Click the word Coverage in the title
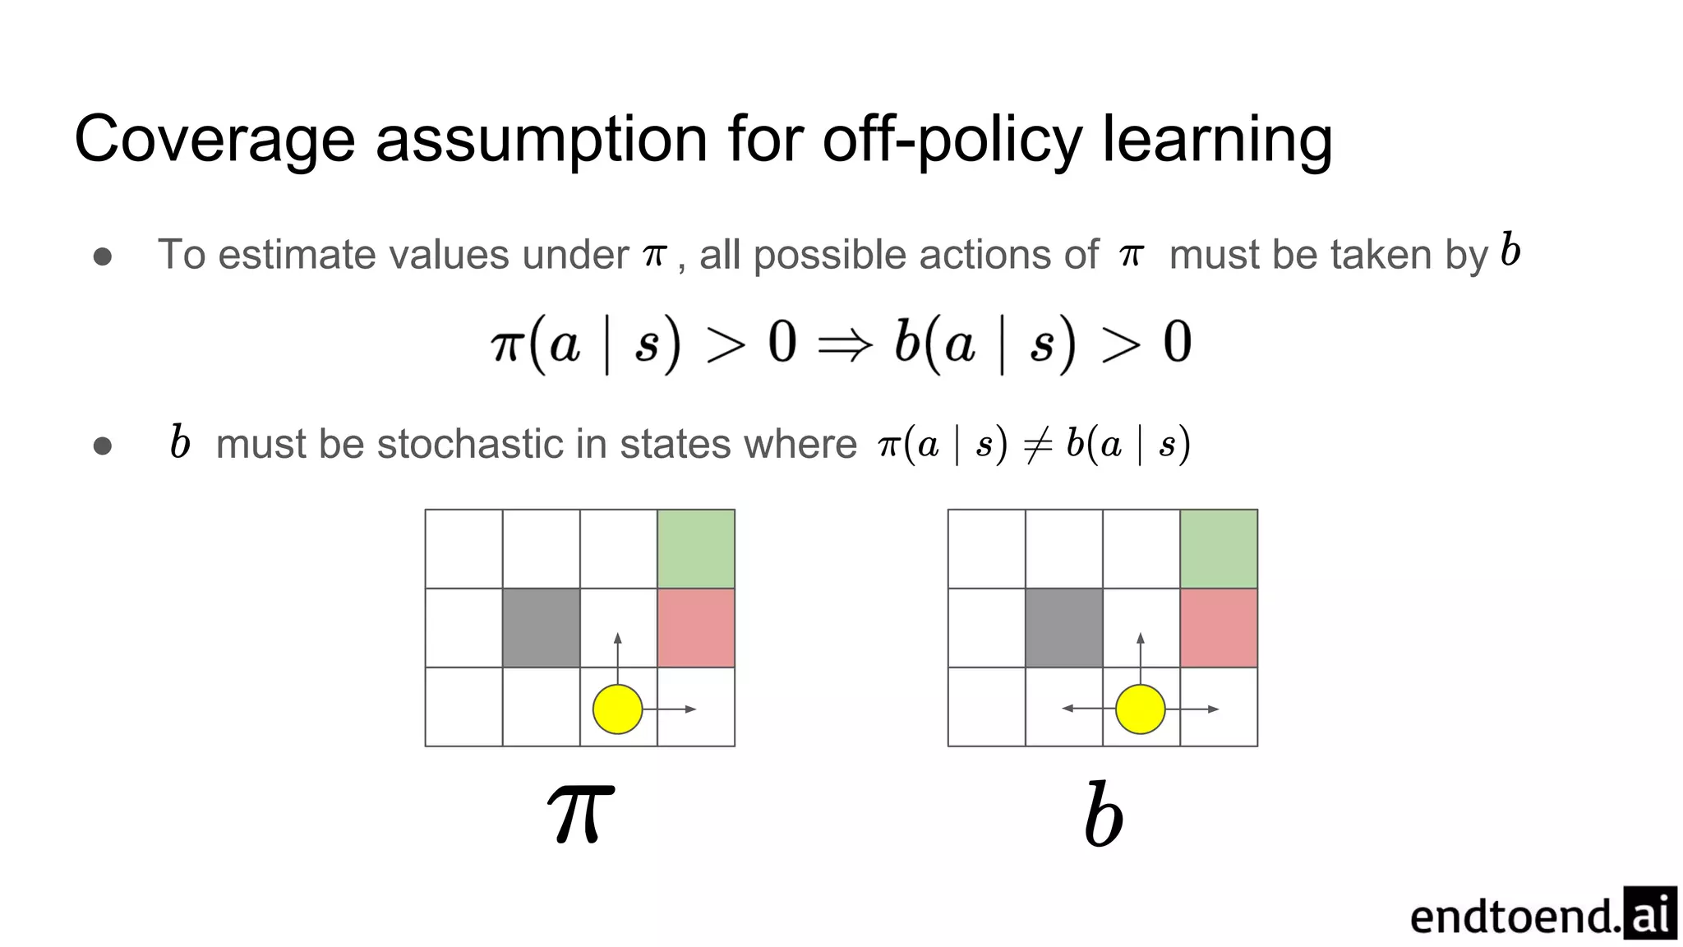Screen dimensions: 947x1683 (x=214, y=140)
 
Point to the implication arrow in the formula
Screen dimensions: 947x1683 (x=845, y=344)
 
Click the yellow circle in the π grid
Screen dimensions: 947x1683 (x=617, y=709)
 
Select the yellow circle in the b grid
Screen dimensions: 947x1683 (x=1140, y=709)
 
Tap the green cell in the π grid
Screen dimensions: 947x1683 (x=696, y=549)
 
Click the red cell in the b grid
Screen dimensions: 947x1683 (x=1219, y=627)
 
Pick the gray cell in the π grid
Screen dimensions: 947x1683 (x=541, y=627)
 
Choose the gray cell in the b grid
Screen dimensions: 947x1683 (x=1064, y=627)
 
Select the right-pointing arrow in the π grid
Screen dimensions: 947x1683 (x=671, y=709)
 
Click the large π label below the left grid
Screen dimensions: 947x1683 (x=581, y=813)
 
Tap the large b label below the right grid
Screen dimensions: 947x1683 (x=1103, y=815)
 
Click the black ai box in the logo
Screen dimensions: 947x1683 (x=1649, y=912)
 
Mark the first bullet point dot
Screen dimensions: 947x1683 (x=103, y=256)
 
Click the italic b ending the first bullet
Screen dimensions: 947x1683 (x=1510, y=250)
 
